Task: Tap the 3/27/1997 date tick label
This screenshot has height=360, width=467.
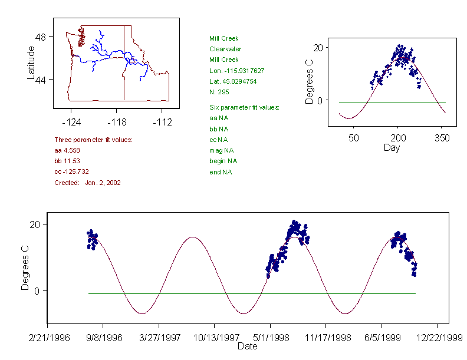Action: coord(159,338)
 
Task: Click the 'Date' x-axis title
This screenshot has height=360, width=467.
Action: coord(247,346)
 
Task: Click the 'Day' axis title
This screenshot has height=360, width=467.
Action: coord(391,148)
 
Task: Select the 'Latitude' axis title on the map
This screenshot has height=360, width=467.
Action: coord(32,63)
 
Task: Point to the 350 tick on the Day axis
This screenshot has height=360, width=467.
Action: coord(442,138)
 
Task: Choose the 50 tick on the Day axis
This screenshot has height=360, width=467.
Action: coord(353,138)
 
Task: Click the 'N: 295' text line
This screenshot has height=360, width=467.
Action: coord(219,92)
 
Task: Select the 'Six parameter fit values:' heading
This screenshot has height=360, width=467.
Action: coord(244,107)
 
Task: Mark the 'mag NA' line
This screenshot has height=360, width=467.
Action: coord(219,150)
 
